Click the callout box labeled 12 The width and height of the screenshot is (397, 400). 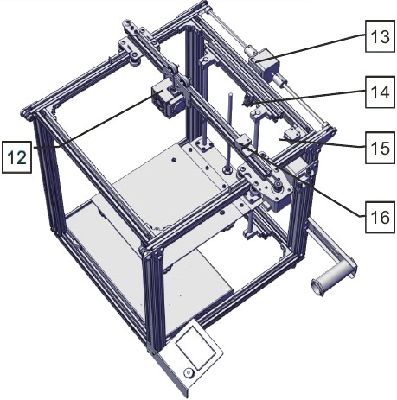(16, 157)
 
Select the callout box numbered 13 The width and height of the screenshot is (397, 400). (380, 36)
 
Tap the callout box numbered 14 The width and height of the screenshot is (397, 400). (380, 92)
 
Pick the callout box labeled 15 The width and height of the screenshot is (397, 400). (380, 148)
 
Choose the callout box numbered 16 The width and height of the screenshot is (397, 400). (380, 217)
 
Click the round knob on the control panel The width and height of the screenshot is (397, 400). (189, 373)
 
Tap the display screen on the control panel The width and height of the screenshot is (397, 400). (195, 346)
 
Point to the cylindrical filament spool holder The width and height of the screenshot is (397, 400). (334, 277)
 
